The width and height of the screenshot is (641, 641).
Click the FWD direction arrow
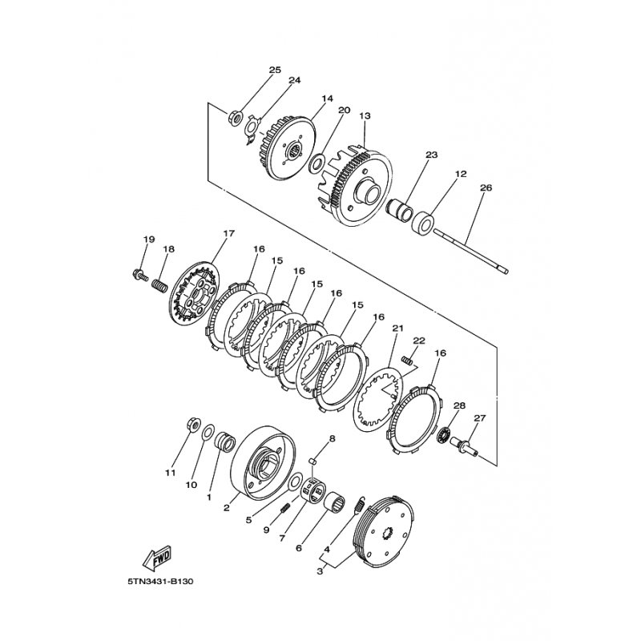point(157,558)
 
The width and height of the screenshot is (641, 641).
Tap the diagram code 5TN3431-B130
point(160,581)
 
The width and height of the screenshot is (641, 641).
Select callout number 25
point(275,70)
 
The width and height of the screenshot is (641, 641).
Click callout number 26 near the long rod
point(486,188)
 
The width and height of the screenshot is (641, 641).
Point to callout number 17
point(229,233)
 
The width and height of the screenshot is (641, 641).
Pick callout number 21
point(397,328)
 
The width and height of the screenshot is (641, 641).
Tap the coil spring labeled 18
point(159,285)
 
